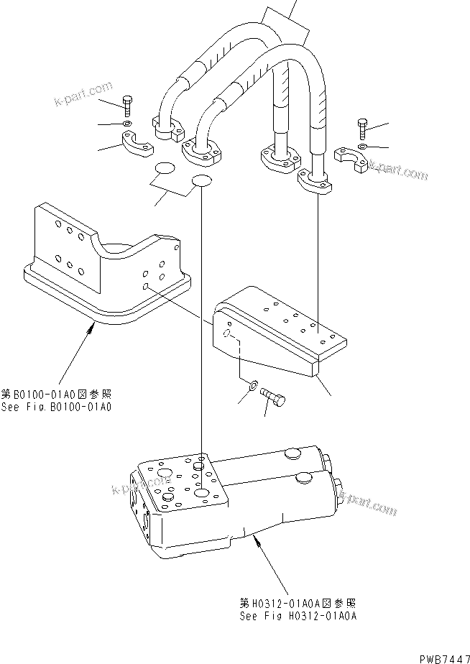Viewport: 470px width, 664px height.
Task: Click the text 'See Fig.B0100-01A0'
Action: (57, 407)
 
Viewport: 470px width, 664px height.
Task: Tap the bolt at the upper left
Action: (128, 104)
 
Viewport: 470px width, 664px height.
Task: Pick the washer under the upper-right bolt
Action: (362, 147)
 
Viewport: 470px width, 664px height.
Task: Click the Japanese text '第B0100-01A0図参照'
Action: (57, 395)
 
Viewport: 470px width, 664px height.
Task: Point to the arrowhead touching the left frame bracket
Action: (91, 327)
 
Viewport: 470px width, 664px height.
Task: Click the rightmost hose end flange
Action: (317, 181)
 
